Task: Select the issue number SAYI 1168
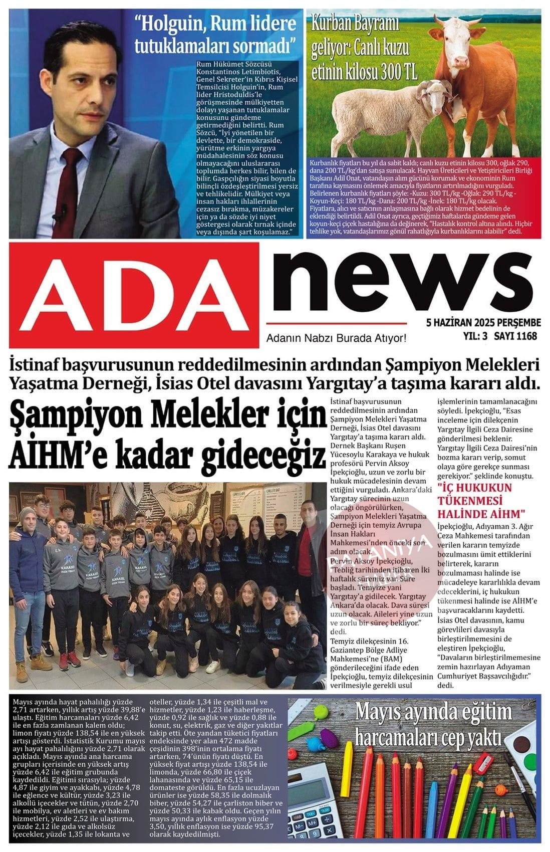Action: [515, 336]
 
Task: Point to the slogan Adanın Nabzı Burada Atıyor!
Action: [336, 338]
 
